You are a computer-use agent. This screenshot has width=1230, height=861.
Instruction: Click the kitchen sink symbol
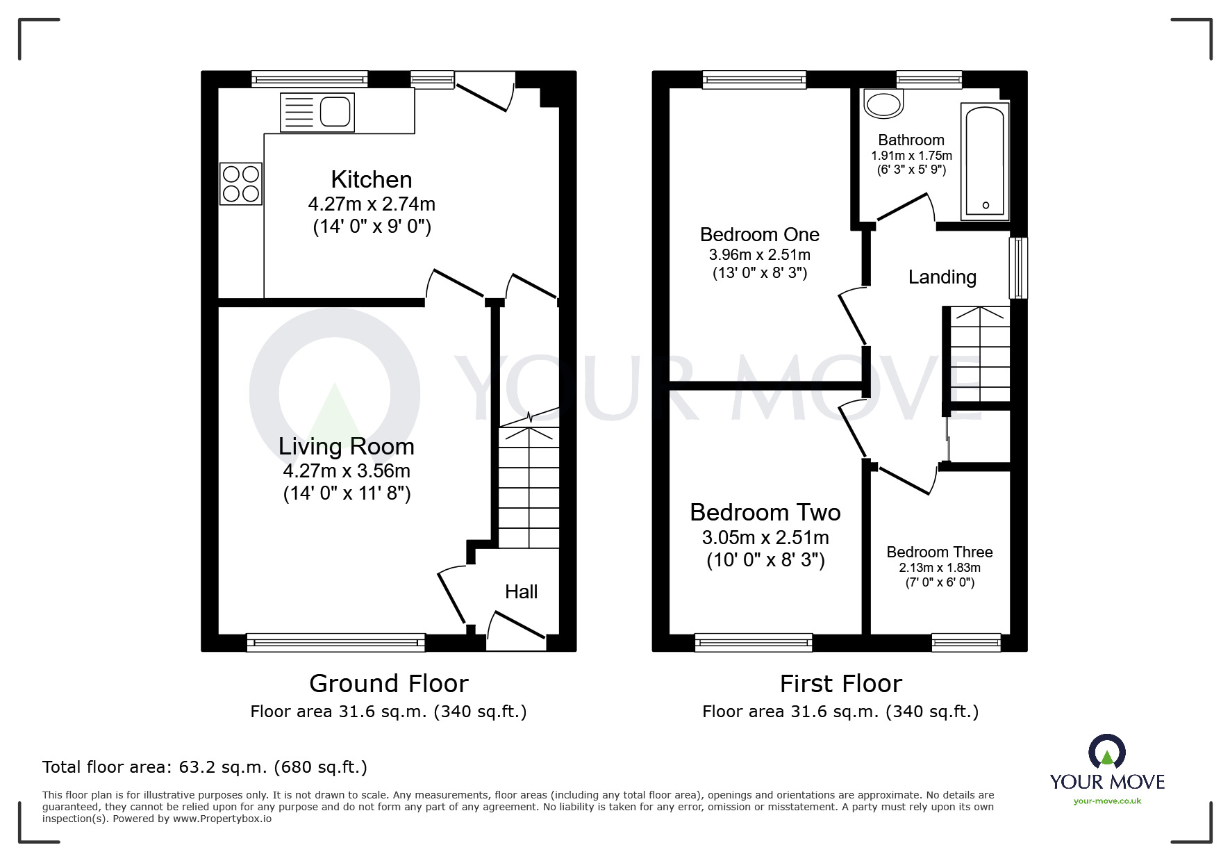coord(317,112)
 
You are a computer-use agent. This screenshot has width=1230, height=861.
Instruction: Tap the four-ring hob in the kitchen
coord(241,183)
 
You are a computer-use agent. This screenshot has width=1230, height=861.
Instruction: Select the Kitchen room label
coord(372,180)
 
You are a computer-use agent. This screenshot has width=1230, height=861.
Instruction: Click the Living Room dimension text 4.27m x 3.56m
coord(347,471)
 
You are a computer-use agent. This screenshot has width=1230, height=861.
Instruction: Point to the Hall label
coord(521,592)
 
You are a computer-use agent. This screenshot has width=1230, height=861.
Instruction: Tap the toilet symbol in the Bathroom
coord(883,105)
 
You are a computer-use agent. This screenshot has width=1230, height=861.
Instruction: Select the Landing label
coord(942,277)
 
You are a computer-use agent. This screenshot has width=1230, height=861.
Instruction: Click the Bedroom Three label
coord(939,552)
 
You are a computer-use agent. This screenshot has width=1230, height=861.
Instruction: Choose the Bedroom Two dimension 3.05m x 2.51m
coord(765,538)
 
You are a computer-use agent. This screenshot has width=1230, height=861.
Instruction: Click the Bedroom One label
coord(759,235)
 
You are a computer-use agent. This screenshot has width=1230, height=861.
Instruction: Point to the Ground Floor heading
coord(388,684)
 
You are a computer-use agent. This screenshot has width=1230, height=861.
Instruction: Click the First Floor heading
coord(840,684)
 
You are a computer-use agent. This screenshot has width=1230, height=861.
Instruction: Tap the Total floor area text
coord(205,767)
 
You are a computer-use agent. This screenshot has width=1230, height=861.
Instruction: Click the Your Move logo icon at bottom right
coord(1106,751)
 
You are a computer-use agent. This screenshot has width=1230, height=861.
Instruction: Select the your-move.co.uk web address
coord(1107,801)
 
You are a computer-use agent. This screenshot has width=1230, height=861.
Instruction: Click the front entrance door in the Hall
coord(516,630)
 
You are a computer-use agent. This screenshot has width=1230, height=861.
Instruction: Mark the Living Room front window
coord(335,642)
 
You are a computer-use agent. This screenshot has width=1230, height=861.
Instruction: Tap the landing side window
coord(1017,268)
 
